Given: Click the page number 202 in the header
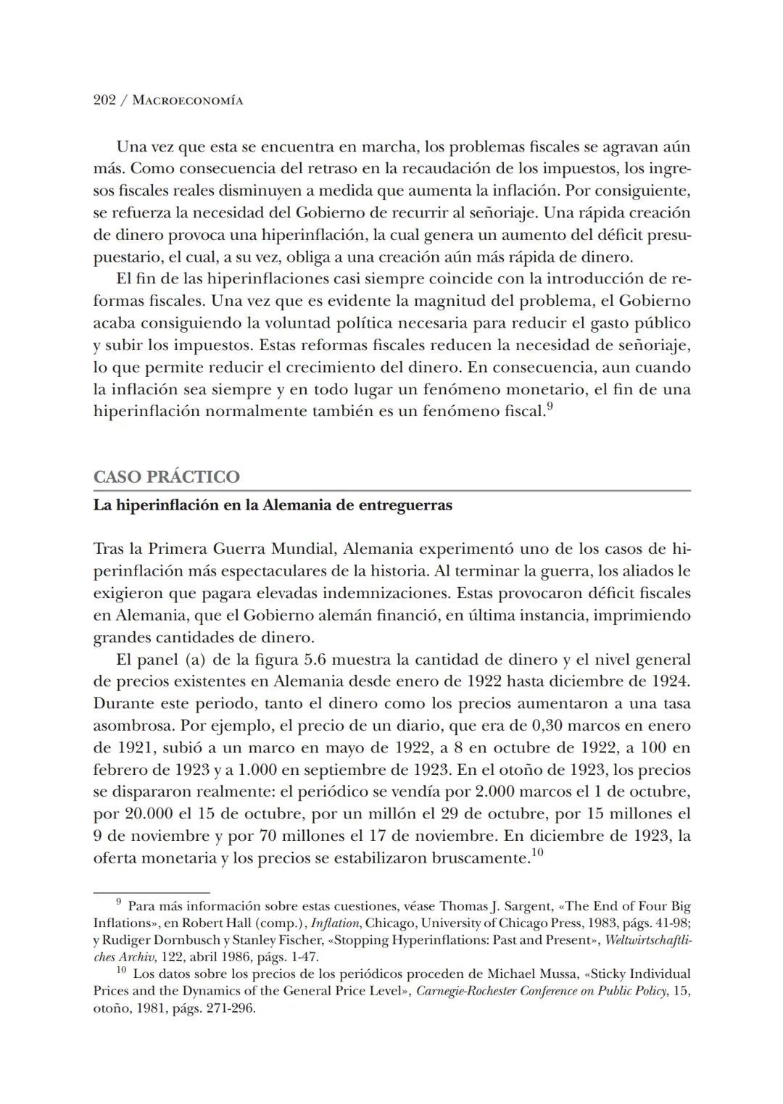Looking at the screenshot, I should pyautogui.click(x=105, y=101).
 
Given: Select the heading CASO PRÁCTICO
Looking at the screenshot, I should pyautogui.click(x=166, y=477).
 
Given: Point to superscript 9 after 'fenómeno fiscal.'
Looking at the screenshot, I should pyautogui.click(x=550, y=407).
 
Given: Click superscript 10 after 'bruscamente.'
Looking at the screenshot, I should pyautogui.click(x=536, y=852).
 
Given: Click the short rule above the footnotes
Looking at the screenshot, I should pyautogui.click(x=152, y=892).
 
